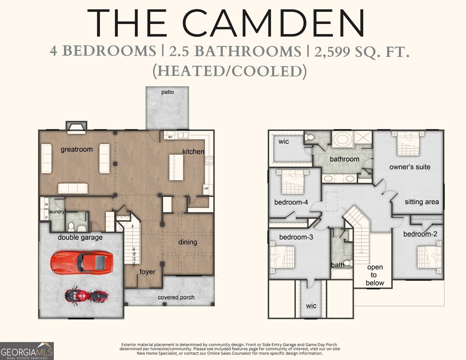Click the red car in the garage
(82, 263)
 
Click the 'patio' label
(167, 92)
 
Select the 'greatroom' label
(77, 149)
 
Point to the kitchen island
(176, 167)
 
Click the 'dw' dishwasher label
(170, 137)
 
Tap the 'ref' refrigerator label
(206, 188)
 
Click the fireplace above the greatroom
(76, 127)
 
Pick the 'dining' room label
(188, 242)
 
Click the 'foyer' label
(147, 272)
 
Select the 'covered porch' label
(176, 297)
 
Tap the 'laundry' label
(56, 212)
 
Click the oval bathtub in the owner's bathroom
(342, 139)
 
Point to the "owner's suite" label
(410, 167)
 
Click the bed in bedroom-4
(293, 181)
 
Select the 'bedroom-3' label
(296, 237)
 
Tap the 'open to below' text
(375, 275)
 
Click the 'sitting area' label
(422, 202)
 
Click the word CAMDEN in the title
(273, 23)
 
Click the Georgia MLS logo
(27, 351)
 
